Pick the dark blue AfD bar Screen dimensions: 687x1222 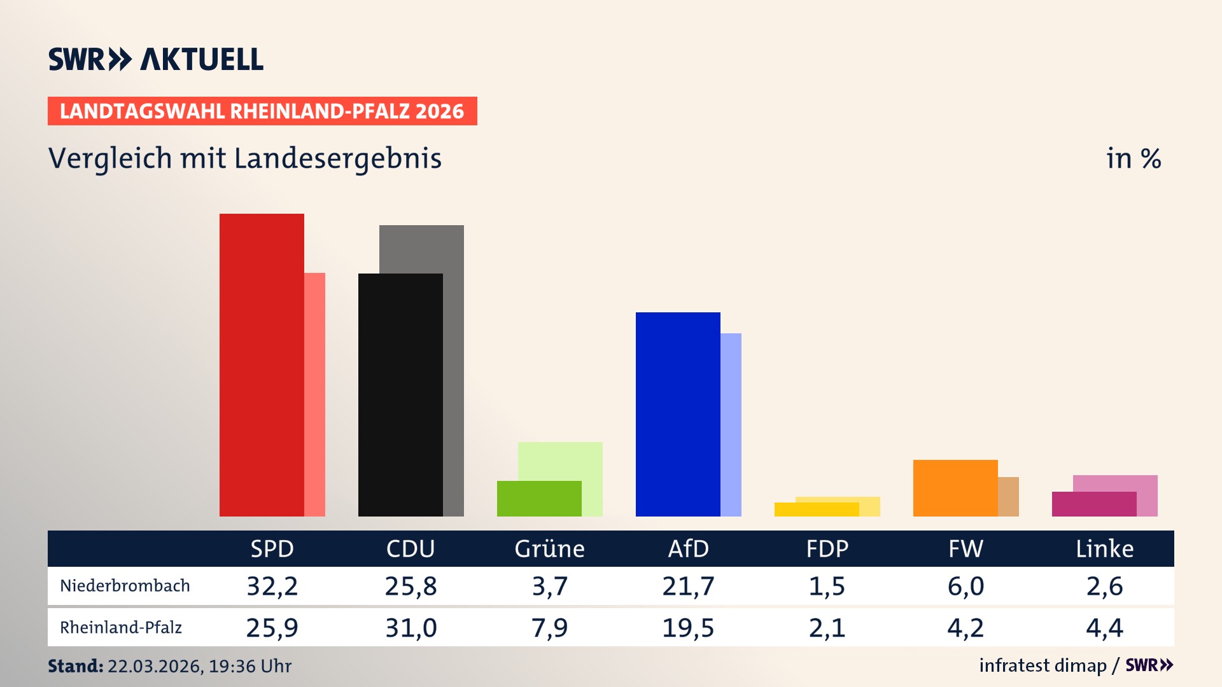[678, 413]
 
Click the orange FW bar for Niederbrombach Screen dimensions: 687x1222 [955, 487]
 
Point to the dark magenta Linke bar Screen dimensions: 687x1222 [1093, 504]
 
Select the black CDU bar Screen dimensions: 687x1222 [400, 394]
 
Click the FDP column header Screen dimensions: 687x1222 [827, 548]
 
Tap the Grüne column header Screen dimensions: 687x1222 [549, 548]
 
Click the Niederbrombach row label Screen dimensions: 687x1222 [125, 586]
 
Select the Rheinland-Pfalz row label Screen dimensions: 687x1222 [121, 628]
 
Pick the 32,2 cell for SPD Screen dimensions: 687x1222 [272, 586]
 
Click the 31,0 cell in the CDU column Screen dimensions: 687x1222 [411, 628]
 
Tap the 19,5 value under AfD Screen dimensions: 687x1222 [688, 628]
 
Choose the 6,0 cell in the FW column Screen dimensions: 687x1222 [966, 586]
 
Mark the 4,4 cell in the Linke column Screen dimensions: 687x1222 [1104, 628]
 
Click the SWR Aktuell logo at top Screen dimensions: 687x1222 [156, 59]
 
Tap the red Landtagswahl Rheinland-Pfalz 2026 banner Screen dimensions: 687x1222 [262, 111]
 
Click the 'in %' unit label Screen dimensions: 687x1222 [1133, 158]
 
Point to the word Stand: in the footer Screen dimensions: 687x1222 [75, 666]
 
